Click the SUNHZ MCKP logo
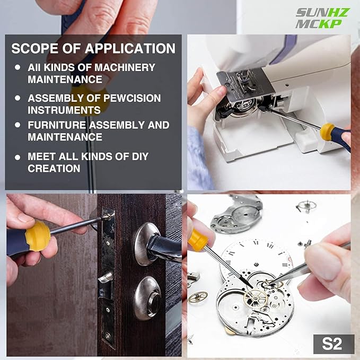point(322,18)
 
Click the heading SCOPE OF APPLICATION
point(93,49)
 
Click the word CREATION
point(54,169)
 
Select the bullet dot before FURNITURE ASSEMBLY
point(18,125)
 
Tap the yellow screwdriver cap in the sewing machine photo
point(328,131)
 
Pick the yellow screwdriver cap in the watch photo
point(198,240)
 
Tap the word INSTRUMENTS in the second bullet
point(64,110)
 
